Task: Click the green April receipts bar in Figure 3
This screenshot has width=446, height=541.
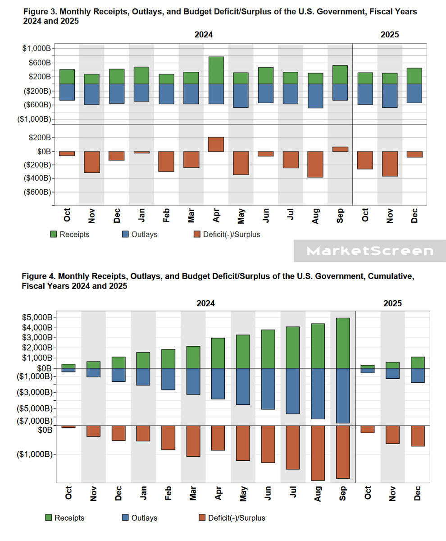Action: click(216, 70)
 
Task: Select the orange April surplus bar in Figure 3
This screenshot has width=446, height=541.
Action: click(216, 144)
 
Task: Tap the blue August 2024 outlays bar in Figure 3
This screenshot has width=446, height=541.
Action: click(315, 96)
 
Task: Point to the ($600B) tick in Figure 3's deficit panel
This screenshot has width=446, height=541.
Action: click(36, 192)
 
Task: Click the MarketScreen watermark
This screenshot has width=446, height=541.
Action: click(369, 251)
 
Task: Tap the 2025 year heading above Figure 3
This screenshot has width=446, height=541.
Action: click(389, 34)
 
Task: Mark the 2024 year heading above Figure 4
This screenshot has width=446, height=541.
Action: click(205, 303)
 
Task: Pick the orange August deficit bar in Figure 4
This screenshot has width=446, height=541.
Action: click(317, 453)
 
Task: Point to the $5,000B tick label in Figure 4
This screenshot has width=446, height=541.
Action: click(36, 317)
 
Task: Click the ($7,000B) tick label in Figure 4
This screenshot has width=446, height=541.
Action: click(36, 421)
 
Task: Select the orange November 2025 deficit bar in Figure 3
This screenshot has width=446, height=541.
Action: click(390, 164)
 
